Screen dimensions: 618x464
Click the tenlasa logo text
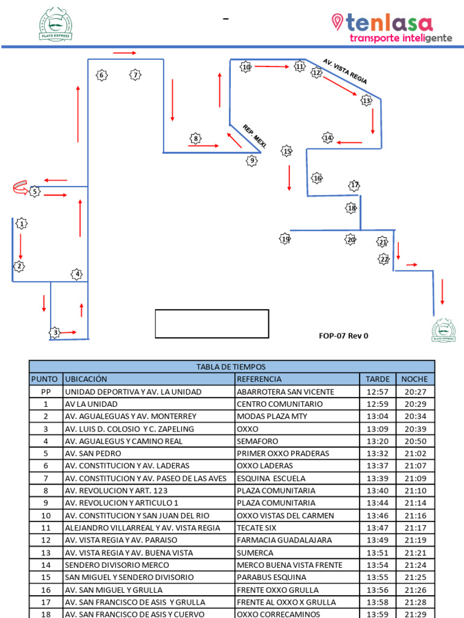tap(390, 24)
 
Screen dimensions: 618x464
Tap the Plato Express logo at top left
tap(56, 24)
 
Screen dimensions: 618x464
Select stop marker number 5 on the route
tap(35, 191)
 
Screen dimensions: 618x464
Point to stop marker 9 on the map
tap(252, 161)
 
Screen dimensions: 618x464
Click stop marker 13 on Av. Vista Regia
tap(366, 101)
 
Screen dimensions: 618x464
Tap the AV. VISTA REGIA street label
tap(345, 71)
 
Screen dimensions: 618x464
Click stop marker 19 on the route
tap(285, 239)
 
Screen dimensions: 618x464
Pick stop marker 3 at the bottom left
tap(55, 333)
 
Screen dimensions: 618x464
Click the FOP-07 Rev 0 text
tap(343, 336)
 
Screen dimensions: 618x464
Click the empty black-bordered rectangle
tap(212, 323)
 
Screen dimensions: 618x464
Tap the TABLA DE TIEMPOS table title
tap(231, 367)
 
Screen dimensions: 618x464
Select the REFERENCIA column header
tap(259, 379)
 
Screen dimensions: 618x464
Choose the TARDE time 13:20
tap(378, 441)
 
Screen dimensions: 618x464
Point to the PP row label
tap(45, 392)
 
